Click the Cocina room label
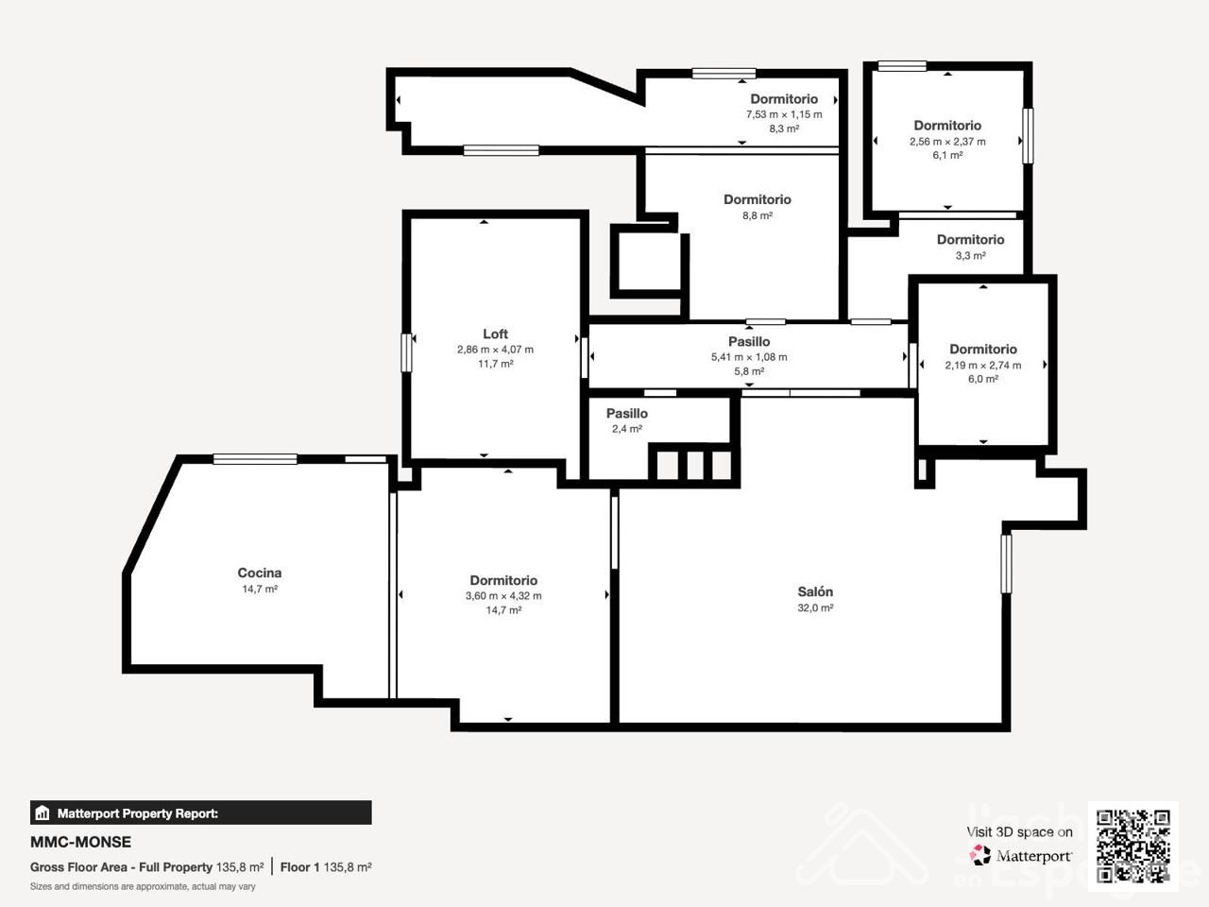point(260,573)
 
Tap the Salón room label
point(815,591)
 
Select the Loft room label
point(495,334)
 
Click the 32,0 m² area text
point(815,608)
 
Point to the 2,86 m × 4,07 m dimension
point(495,350)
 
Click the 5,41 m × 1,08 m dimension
point(749,357)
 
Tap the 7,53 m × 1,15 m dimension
point(784,114)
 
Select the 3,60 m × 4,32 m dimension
point(503,596)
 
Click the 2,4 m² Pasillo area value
point(627,428)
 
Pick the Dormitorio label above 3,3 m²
point(970,240)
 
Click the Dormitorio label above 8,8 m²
point(758,199)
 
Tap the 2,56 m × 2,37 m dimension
point(947,142)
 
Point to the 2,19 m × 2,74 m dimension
point(983,365)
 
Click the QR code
point(1133,846)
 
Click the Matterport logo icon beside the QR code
point(979,855)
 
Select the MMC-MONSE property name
point(80,842)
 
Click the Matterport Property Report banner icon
point(42,813)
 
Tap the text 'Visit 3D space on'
point(1019,832)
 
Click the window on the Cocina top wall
point(255,459)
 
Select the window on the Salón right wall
point(1006,564)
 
